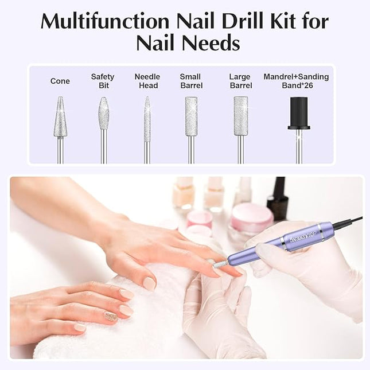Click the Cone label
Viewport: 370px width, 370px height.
click(60, 81)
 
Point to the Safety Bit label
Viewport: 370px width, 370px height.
click(103, 81)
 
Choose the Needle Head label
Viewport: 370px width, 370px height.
click(147, 81)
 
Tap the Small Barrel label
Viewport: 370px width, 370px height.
click(190, 81)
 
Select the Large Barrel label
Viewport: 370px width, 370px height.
click(240, 81)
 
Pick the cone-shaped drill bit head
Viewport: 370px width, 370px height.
click(60, 118)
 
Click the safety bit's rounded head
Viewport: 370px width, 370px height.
click(103, 114)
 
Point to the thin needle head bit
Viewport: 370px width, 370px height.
click(147, 119)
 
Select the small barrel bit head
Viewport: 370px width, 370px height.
click(191, 116)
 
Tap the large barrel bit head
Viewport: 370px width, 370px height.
click(241, 116)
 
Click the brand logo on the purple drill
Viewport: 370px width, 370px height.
click(302, 236)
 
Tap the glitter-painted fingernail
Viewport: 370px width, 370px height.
click(111, 316)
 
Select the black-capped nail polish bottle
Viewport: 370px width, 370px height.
click(278, 198)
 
